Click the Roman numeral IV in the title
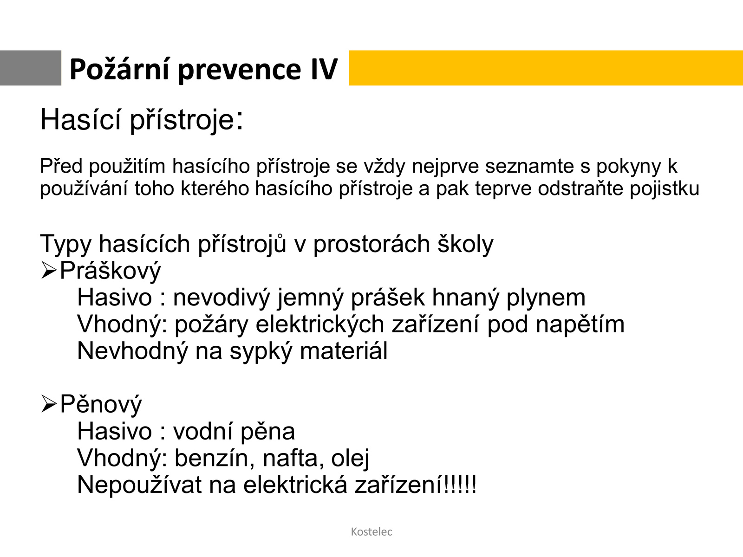tap(324, 69)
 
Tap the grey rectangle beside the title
tap(31, 68)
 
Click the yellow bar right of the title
tap(546, 68)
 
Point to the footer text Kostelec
tap(371, 531)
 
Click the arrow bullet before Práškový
tap(49, 271)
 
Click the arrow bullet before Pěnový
tap(49, 404)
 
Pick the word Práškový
tap(111, 271)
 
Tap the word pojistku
tap(664, 188)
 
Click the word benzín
tap(215, 458)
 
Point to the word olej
tap(350, 459)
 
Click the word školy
tap(465, 244)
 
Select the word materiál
tap(344, 351)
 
